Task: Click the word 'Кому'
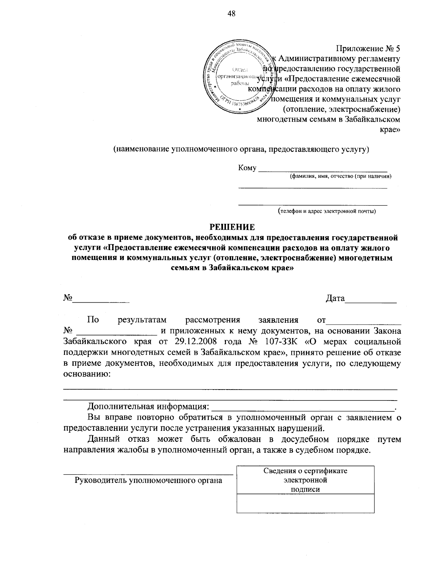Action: click(x=247, y=168)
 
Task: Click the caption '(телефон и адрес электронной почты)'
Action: click(x=326, y=211)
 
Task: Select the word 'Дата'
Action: click(x=335, y=299)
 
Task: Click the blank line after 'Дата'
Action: click(x=371, y=302)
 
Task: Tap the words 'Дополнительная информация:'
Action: click(x=148, y=406)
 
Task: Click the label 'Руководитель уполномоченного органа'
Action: click(x=148, y=480)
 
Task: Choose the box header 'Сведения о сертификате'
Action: click(x=306, y=471)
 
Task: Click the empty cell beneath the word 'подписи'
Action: click(x=306, y=503)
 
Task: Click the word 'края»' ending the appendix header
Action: click(x=391, y=130)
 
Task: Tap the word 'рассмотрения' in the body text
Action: click(x=213, y=320)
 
